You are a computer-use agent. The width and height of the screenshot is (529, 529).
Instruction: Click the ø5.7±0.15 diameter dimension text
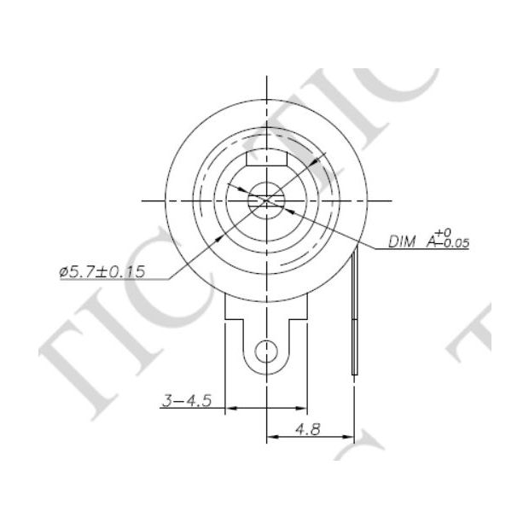102,272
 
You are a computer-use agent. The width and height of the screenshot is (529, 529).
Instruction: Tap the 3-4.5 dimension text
187,401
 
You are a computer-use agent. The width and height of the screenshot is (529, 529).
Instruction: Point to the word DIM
402,242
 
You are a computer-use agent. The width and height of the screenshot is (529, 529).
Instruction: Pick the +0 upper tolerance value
443,233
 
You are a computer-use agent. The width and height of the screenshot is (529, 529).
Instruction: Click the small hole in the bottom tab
266,352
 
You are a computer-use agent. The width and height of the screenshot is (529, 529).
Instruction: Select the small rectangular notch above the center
266,159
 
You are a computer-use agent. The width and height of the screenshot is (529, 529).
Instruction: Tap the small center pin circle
266,201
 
